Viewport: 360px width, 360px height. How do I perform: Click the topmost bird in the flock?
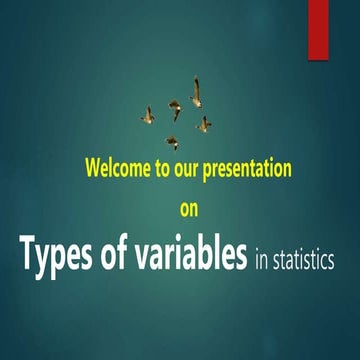(196, 92)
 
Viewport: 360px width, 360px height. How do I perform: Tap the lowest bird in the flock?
(172, 141)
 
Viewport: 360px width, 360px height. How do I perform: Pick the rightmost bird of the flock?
(204, 124)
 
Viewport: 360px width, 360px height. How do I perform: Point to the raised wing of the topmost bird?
(196, 84)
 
